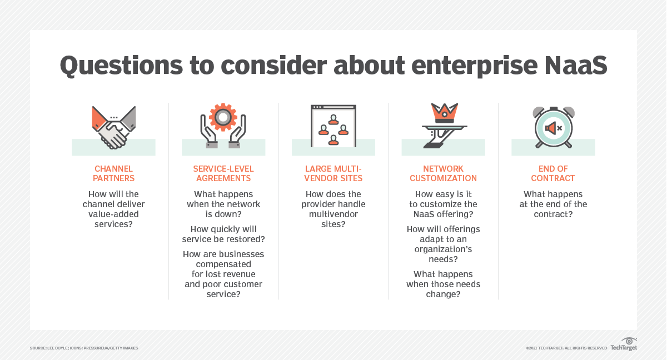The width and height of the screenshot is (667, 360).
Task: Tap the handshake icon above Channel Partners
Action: pos(114,127)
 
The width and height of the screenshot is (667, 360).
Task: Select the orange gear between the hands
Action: pos(223,117)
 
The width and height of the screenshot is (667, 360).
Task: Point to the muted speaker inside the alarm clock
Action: pos(553,128)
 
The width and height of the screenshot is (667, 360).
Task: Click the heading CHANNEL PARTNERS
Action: pos(113,173)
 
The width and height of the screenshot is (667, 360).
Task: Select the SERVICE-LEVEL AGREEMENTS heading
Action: pos(223,173)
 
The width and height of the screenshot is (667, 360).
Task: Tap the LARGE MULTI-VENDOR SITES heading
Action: pos(333,173)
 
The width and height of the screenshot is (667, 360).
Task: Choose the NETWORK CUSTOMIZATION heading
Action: pos(443,173)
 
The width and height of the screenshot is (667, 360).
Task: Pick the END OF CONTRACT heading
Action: pos(553,173)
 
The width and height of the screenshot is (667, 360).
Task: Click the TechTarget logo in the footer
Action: pos(624,344)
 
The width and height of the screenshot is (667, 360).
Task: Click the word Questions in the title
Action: pos(121,66)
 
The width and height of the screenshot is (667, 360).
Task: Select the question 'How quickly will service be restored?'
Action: pos(223,234)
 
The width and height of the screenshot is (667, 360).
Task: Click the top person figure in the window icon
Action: pos(333,120)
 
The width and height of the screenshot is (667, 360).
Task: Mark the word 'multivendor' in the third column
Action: pos(333,214)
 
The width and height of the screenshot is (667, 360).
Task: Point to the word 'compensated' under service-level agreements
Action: pos(223,264)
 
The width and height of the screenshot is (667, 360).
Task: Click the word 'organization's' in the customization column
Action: pos(443,249)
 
